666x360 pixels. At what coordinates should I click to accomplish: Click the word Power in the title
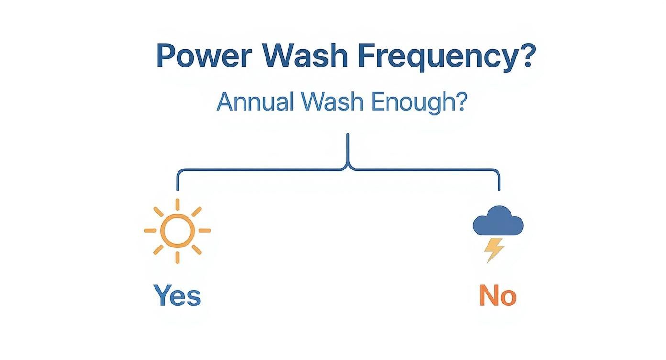click(x=204, y=56)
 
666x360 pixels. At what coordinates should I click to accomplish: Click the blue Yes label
click(x=178, y=296)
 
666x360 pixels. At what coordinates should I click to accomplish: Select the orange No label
click(x=498, y=296)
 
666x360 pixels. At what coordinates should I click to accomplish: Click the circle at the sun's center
click(x=178, y=230)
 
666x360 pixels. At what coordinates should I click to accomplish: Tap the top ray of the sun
click(x=178, y=204)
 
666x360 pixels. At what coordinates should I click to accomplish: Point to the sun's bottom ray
click(x=178, y=257)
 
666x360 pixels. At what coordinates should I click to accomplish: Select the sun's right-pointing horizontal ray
click(x=204, y=230)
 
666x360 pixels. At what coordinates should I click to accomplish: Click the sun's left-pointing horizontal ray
click(x=151, y=230)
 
